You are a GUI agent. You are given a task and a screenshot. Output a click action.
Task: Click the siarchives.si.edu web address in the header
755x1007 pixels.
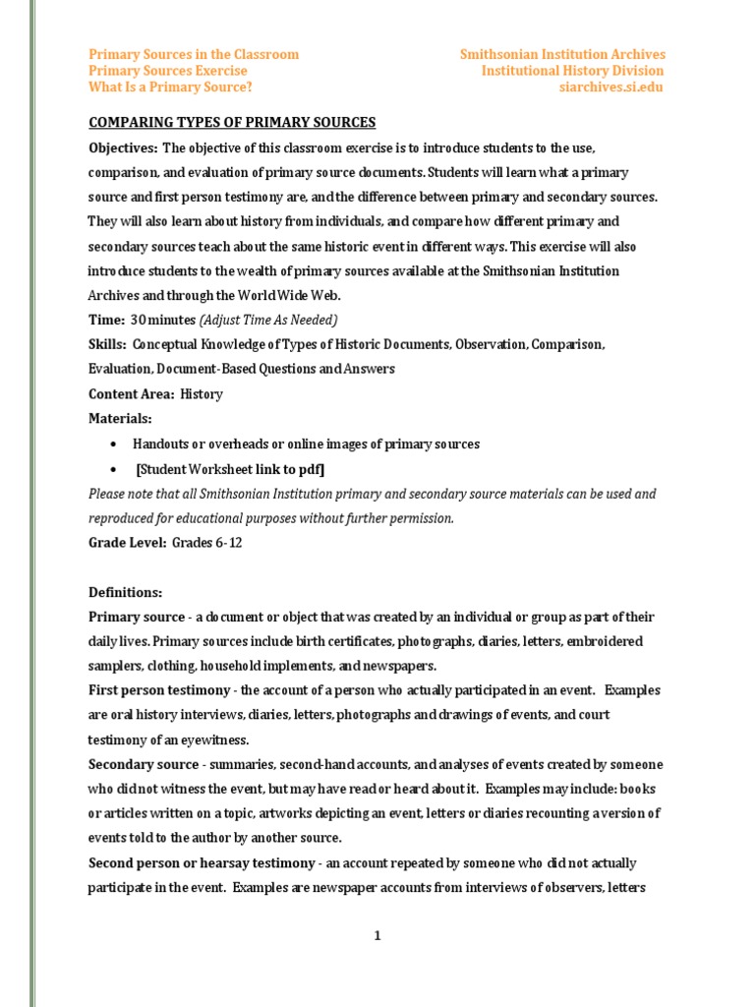(610, 87)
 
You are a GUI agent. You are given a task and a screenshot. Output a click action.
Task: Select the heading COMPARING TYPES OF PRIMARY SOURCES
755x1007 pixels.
(232, 122)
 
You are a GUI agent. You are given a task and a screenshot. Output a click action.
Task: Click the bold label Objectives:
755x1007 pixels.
(123, 148)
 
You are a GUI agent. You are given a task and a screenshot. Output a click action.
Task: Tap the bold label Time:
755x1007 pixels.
(106, 320)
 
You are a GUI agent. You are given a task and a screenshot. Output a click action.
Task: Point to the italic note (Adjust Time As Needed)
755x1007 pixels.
(268, 320)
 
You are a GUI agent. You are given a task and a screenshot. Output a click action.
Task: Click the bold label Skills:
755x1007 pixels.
(107, 345)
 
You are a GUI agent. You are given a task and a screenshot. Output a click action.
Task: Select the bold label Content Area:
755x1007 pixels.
(129, 394)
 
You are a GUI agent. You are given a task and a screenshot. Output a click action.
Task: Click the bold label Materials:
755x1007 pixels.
(120, 419)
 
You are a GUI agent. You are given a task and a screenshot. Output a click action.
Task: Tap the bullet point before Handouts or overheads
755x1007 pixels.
(115, 444)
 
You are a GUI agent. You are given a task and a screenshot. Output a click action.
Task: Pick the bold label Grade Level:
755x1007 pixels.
(127, 543)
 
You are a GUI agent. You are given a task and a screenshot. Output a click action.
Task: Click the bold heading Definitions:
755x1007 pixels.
(125, 593)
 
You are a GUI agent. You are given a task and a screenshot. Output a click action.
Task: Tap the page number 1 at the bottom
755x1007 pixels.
(377, 936)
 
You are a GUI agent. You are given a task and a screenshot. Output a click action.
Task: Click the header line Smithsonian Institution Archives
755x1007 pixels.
(562, 54)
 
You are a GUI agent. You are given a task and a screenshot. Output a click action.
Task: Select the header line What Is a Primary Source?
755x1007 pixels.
(170, 87)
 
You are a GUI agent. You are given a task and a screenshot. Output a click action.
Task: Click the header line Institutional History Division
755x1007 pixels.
(572, 71)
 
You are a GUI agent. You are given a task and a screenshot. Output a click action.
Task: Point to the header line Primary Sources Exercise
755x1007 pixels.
(168, 71)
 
